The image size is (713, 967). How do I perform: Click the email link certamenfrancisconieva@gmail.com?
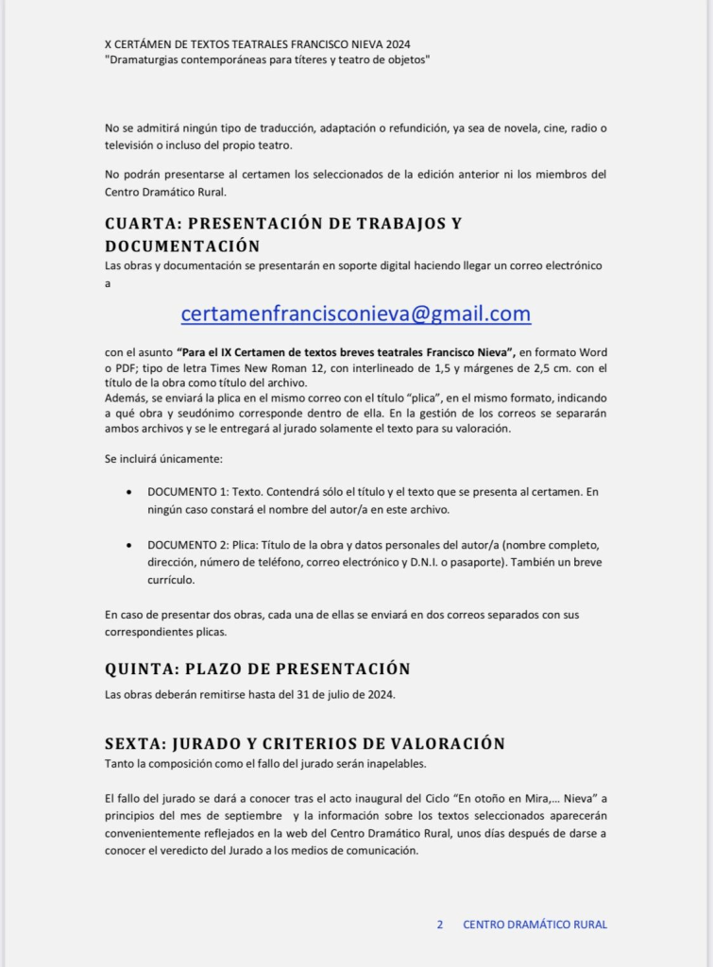coord(356,314)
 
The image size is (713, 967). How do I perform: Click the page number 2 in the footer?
coord(440,925)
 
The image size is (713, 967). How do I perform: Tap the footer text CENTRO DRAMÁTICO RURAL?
coord(535,925)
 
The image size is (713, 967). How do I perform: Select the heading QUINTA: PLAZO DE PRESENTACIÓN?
coord(257,670)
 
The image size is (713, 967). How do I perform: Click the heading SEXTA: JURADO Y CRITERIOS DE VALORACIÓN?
coord(304,744)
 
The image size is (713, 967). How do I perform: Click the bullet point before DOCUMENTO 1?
coord(128,493)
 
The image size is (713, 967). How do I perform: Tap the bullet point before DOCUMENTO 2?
coord(128,546)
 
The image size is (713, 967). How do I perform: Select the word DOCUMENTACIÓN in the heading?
coord(182,246)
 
